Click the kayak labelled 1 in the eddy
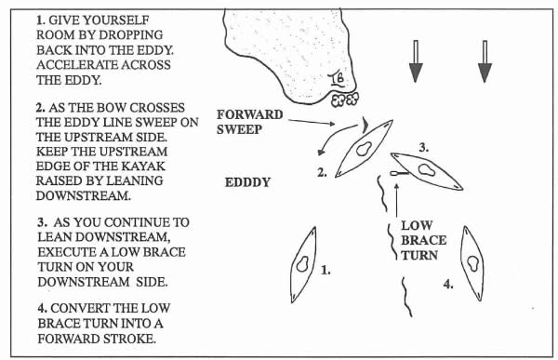pos(303,264)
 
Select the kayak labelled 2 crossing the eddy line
pos(364,149)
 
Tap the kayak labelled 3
pos(427,171)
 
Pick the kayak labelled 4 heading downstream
pos(473,263)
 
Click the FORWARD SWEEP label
pos(250,122)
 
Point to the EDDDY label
pos(247,182)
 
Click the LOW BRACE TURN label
pos(423,240)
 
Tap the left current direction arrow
pos(416,61)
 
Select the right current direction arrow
pos(485,61)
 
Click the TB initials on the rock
pos(337,80)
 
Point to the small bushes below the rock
pos(345,100)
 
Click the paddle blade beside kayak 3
pos(394,173)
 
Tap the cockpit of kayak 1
pos(303,264)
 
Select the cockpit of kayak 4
pos(473,263)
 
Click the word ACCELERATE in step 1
pos(76,65)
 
